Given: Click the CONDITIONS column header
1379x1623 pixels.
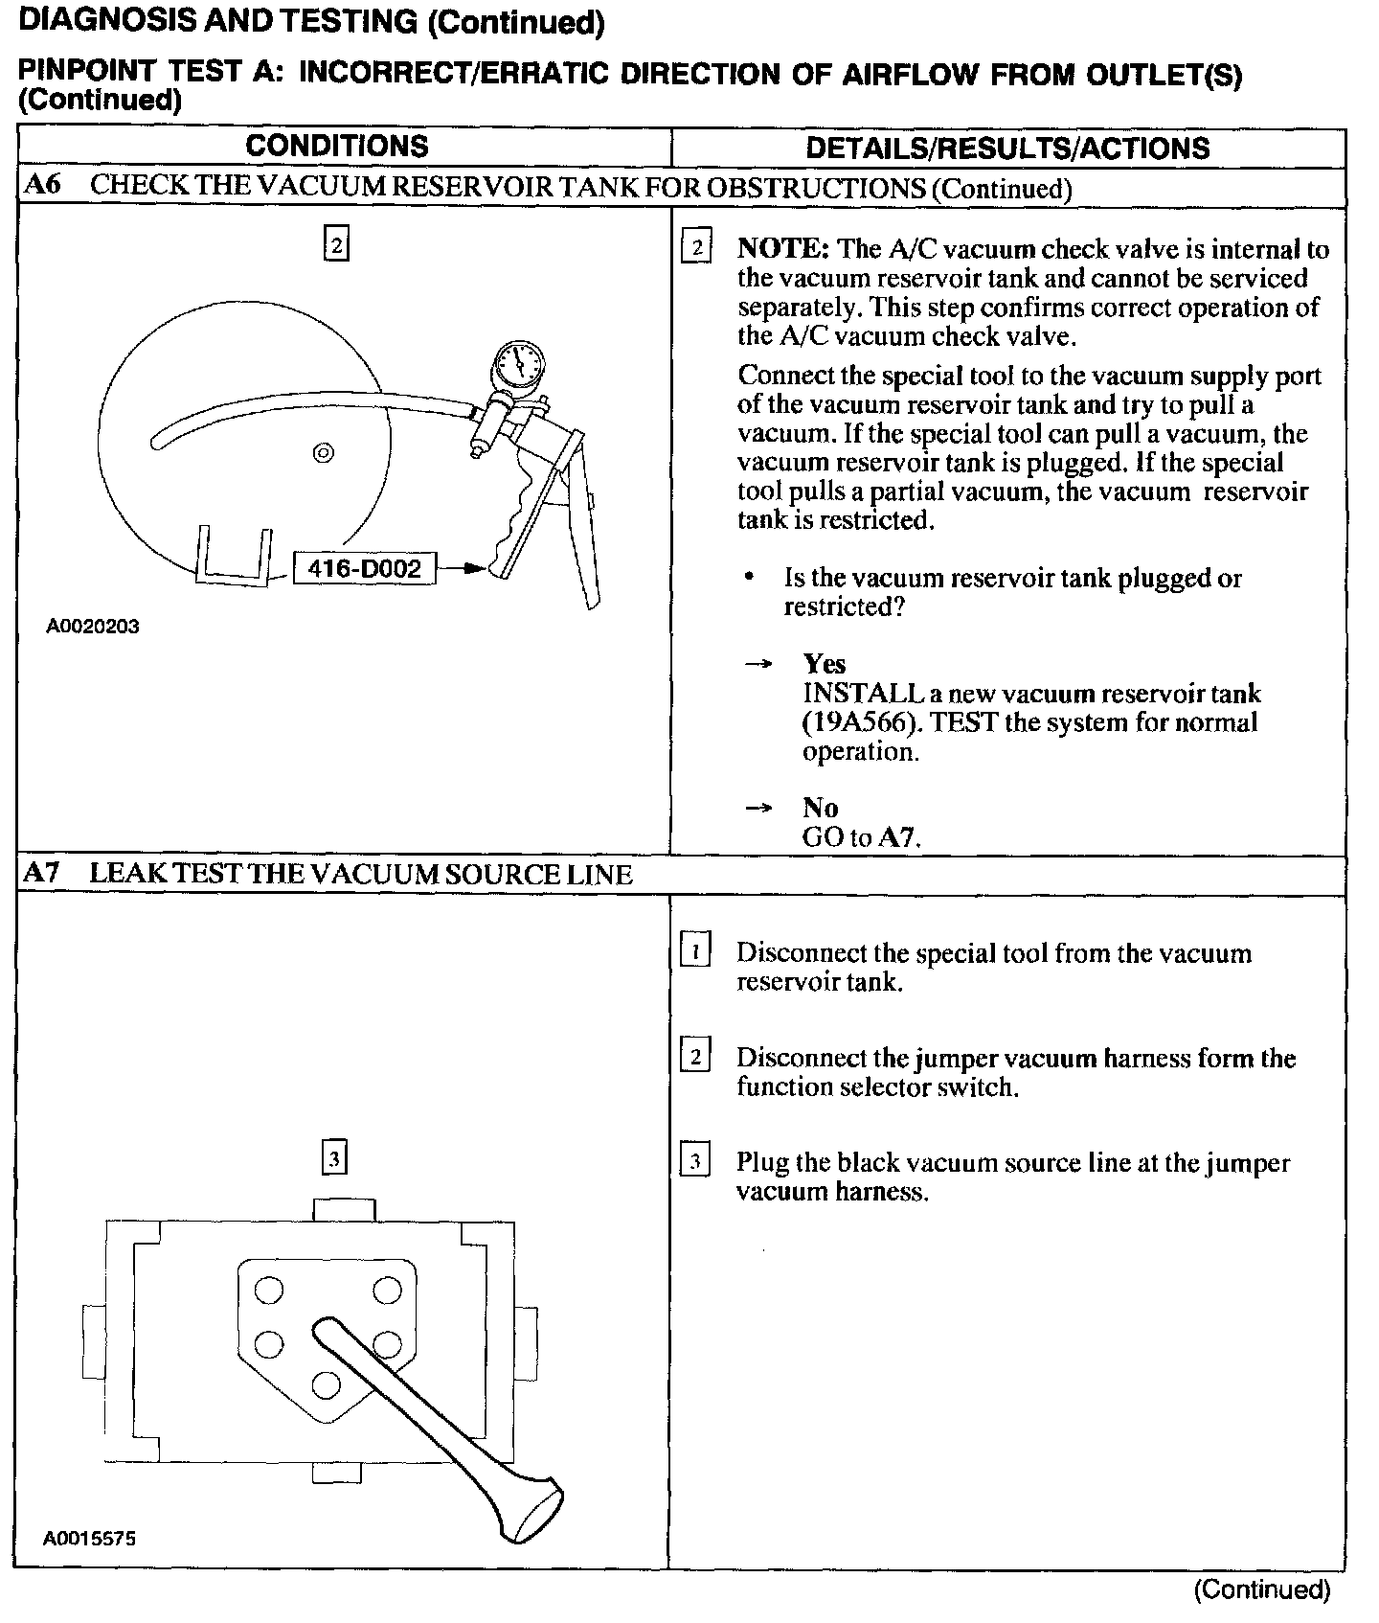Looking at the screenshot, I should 336,147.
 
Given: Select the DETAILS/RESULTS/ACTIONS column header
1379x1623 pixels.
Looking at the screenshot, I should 1007,148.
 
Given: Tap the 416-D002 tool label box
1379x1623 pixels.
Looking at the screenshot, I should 364,569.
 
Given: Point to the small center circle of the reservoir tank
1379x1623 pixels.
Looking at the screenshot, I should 323,452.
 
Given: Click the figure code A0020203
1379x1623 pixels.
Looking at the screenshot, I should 92,627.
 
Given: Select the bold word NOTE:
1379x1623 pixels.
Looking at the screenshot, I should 782,249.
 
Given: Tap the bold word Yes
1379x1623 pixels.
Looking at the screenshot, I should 824,664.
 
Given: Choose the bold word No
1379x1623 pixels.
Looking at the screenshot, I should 820,808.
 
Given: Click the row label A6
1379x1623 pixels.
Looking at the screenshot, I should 42,186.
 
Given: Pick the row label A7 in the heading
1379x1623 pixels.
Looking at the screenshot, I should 42,873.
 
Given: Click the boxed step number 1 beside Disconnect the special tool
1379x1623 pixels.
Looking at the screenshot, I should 694,952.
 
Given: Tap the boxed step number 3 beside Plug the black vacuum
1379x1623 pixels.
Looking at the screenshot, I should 694,1162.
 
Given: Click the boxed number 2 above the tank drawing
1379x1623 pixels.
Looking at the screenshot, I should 335,243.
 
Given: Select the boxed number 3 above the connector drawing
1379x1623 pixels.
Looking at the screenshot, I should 333,1157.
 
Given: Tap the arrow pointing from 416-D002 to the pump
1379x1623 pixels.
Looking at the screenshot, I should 464,569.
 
